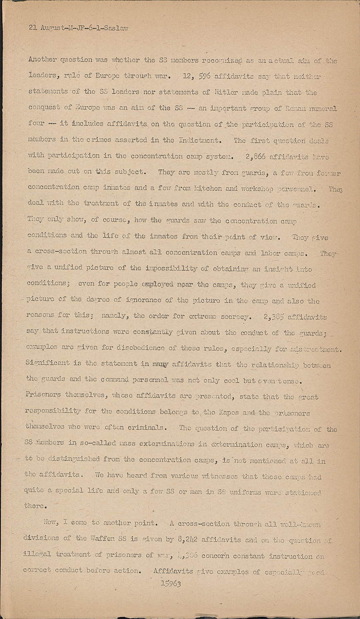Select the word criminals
point(148,427)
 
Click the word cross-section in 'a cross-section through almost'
point(61,252)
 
